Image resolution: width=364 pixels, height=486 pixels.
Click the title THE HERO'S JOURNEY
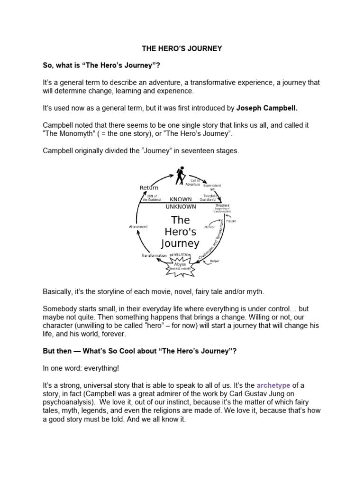[x=182, y=48]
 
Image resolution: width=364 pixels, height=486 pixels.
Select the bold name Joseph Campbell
[x=267, y=108]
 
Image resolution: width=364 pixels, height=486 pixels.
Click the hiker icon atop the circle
[x=181, y=176]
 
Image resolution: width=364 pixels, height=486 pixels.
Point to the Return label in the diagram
[x=149, y=188]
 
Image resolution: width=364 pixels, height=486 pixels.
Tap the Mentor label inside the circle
[x=209, y=227]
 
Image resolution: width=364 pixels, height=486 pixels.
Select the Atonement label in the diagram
[x=138, y=227]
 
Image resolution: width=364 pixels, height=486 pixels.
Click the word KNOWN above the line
[x=181, y=200]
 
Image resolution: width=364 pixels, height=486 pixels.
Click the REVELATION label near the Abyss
[x=180, y=255]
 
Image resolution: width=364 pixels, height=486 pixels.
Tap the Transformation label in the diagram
[x=154, y=255]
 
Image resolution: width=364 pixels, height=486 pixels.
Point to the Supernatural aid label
[x=212, y=187]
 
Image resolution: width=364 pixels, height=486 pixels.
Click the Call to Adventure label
[x=195, y=182]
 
